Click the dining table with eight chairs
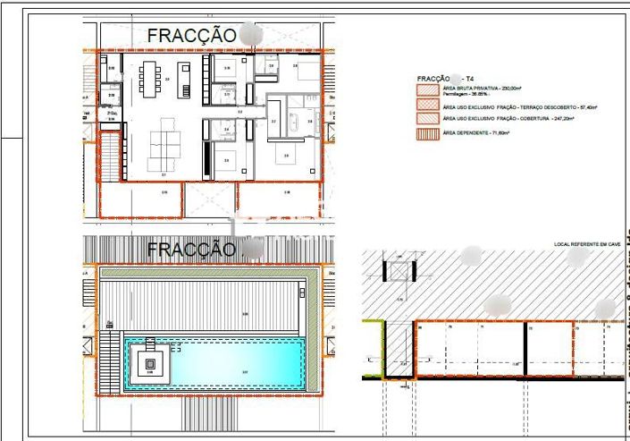point(148,80)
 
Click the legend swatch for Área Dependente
point(426,134)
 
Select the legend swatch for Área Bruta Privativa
point(426,90)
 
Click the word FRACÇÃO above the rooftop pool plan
point(191,249)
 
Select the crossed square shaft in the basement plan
point(399,271)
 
